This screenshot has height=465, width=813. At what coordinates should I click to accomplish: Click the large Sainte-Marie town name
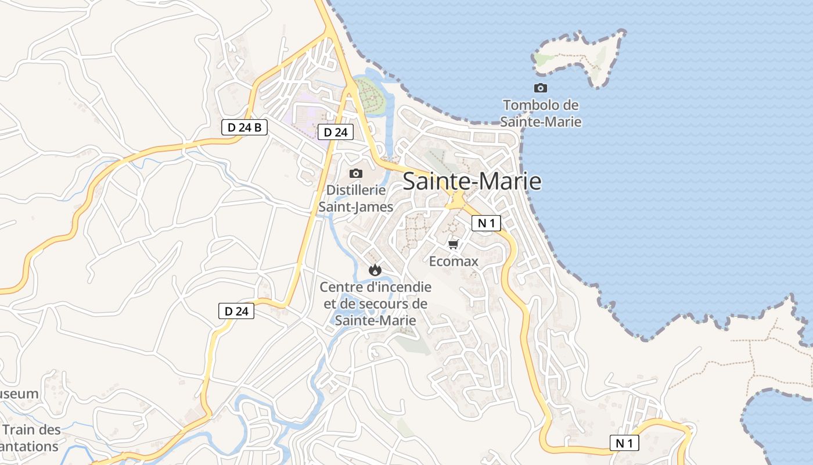coord(472,181)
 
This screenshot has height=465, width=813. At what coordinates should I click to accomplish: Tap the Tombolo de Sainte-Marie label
coord(541,113)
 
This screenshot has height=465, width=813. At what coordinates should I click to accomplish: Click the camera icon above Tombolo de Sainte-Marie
coord(541,88)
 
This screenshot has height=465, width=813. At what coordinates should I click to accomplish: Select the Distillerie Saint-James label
coord(356,198)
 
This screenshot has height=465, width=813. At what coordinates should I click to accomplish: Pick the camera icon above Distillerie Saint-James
coord(356,173)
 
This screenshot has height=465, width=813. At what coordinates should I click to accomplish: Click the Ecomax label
coord(454,262)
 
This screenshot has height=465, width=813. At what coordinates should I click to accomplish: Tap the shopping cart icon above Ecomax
coord(454,244)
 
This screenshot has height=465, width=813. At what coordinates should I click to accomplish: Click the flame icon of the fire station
coord(375,270)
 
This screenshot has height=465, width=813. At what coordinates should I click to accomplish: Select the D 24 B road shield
coord(244,127)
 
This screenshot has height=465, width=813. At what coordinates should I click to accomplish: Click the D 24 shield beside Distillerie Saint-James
coord(335,132)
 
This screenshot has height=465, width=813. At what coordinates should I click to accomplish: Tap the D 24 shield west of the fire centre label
coord(236,311)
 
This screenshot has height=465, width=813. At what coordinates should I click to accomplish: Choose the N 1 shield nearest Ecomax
coord(486,223)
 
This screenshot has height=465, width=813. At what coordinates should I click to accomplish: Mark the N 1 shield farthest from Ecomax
coord(624,443)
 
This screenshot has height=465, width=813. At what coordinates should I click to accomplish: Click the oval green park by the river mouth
coord(370,97)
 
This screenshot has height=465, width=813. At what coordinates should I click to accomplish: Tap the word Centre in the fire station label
coord(343,287)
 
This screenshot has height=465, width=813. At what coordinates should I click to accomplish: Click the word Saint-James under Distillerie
coord(356,207)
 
